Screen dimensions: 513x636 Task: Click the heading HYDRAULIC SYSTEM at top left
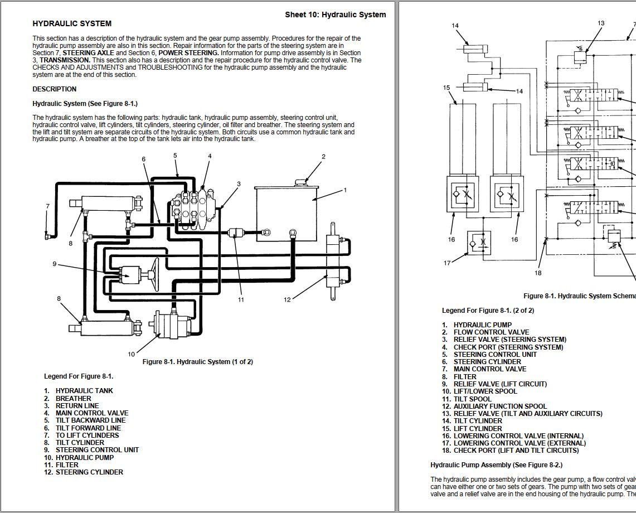point(72,24)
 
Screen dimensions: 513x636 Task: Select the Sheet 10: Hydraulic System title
point(335,14)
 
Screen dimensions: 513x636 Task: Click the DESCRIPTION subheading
point(55,89)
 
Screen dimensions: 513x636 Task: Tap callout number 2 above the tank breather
point(323,157)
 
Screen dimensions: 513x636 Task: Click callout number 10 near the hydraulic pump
point(132,354)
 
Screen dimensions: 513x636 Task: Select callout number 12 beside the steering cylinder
point(287,299)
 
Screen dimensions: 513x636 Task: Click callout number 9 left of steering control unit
point(55,264)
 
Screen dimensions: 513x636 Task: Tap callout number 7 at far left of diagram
point(48,206)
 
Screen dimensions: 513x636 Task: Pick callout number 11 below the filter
point(241,299)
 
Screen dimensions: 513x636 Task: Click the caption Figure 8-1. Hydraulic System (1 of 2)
point(197,362)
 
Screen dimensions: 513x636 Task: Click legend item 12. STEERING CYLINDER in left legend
point(84,472)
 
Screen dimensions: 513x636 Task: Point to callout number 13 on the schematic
point(601,23)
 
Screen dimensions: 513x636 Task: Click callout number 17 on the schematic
point(447,263)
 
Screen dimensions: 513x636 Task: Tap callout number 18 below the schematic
point(538,273)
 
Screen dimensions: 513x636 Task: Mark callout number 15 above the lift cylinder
point(446,88)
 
